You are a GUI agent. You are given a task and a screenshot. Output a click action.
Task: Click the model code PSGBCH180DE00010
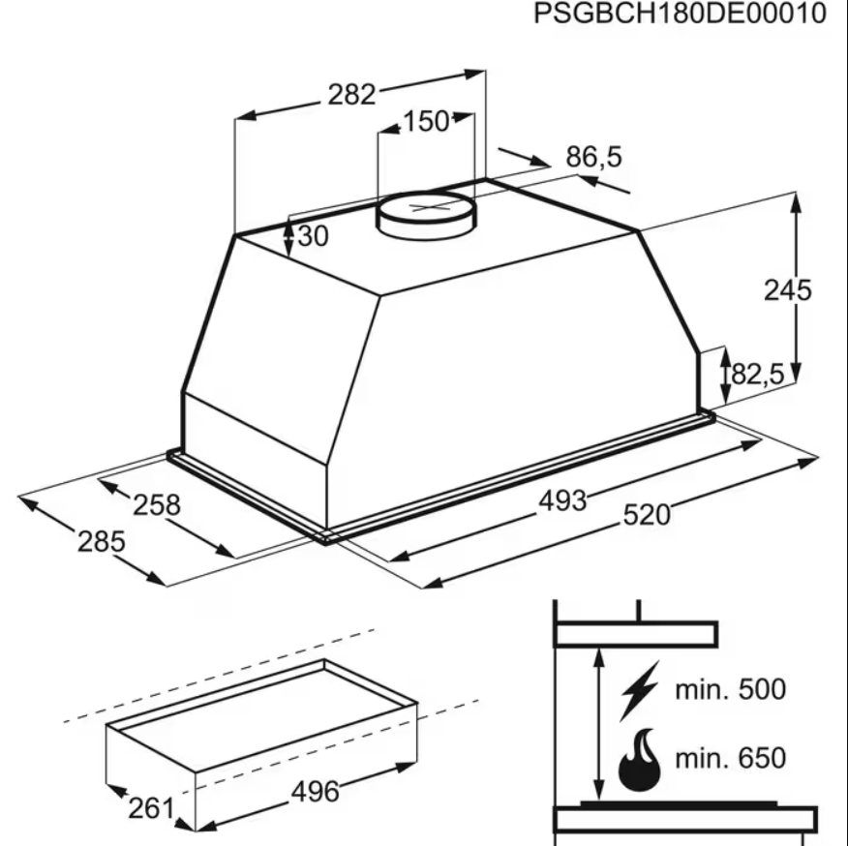pyautogui.click(x=680, y=13)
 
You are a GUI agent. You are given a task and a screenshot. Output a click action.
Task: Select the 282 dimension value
pyautogui.click(x=351, y=94)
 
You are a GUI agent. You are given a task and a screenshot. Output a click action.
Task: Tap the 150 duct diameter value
pyautogui.click(x=426, y=121)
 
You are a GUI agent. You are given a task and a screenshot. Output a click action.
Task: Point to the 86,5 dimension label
pyautogui.click(x=593, y=157)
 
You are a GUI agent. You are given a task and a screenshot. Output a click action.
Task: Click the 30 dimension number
pyautogui.click(x=313, y=236)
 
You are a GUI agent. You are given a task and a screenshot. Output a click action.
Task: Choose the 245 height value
pyautogui.click(x=787, y=290)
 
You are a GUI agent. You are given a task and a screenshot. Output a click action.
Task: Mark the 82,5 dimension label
pyautogui.click(x=757, y=374)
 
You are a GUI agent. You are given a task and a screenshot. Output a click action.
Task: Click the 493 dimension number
pyautogui.click(x=562, y=500)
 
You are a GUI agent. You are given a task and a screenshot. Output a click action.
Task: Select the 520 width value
pyautogui.click(x=647, y=514)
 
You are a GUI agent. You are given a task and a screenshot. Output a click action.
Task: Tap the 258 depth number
pyautogui.click(x=157, y=505)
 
